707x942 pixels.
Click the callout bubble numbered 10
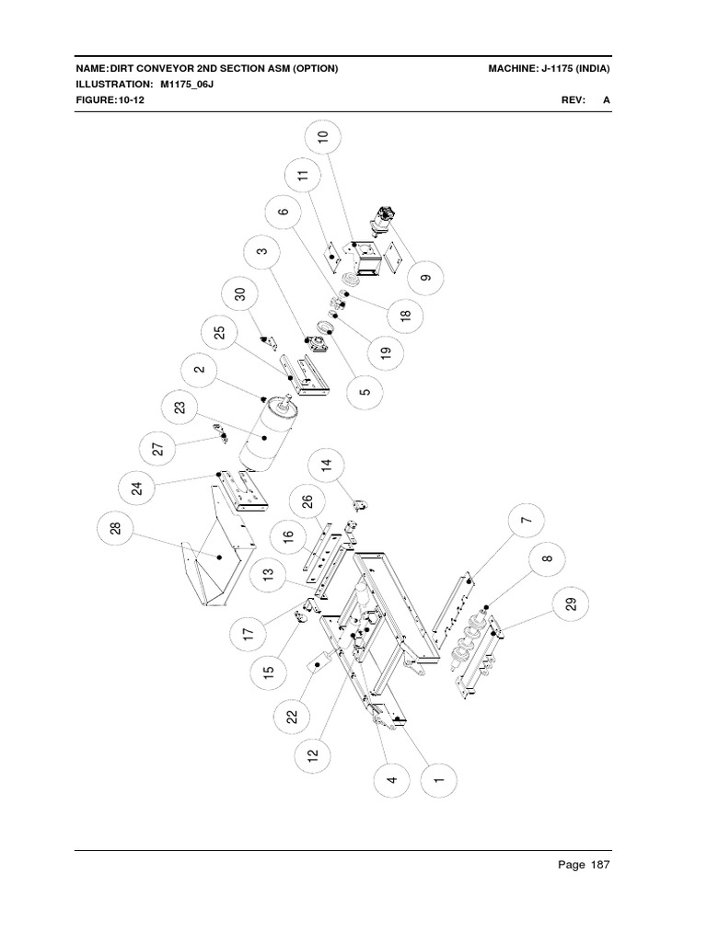pyautogui.click(x=322, y=138)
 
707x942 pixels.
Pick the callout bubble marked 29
pyautogui.click(x=571, y=603)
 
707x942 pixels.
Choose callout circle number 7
pyautogui.click(x=526, y=522)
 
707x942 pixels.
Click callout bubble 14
pyautogui.click(x=326, y=464)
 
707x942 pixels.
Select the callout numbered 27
pyautogui.click(x=157, y=449)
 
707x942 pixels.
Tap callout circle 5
pyautogui.click(x=365, y=390)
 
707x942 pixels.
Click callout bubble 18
pyautogui.click(x=406, y=316)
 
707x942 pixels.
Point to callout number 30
pyautogui.click(x=240, y=294)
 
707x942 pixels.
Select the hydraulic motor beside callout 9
pyautogui.click(x=385, y=225)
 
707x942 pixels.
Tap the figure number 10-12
pyautogui.click(x=131, y=100)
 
